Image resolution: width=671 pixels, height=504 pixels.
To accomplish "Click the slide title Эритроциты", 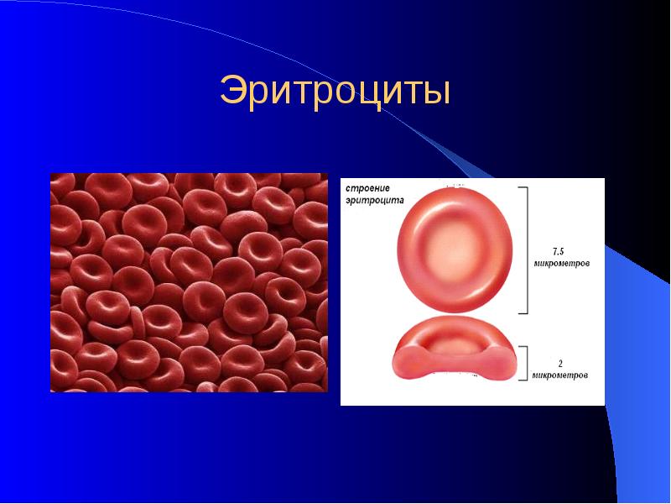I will tap(335, 92).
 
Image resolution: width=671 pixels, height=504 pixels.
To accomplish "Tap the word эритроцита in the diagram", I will tap(374, 202).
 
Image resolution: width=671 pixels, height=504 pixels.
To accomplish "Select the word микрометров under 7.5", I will tap(561, 263).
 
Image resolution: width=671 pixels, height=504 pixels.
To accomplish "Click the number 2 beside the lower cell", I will tap(560, 363).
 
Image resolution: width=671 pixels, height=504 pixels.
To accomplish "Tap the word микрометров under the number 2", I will tap(561, 375).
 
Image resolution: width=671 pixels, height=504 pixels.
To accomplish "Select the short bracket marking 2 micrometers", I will tap(527, 365).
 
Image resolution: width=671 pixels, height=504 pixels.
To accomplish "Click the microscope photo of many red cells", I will tap(188, 282).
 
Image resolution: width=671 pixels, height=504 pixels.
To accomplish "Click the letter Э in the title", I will tap(231, 92).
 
